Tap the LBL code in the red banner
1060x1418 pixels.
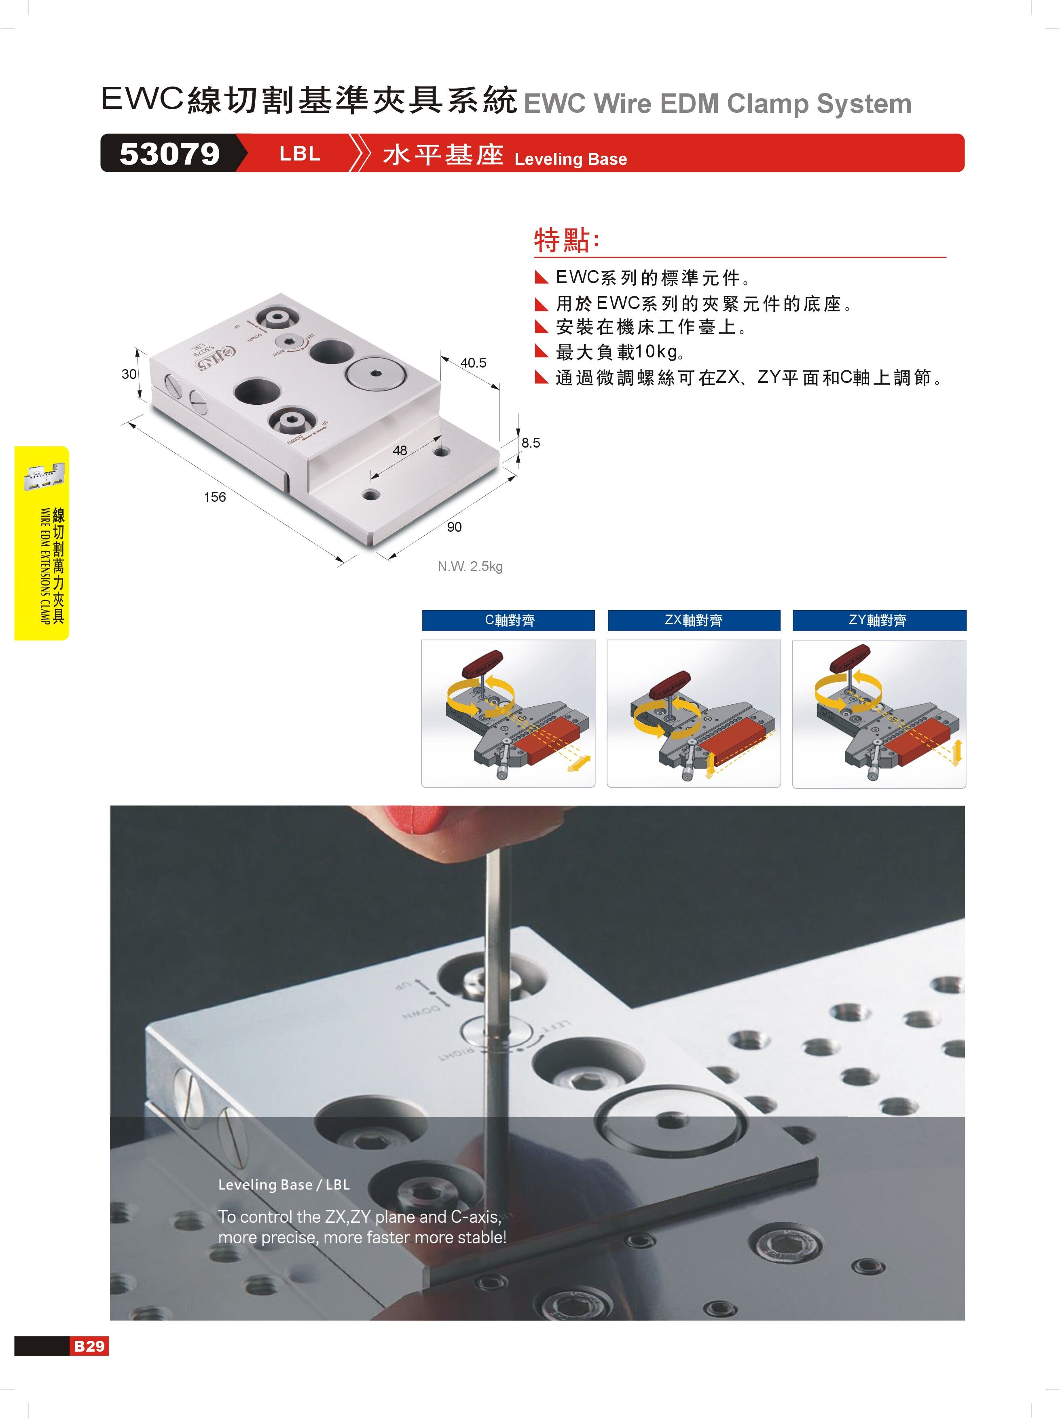point(299,154)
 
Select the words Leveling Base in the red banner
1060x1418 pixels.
point(570,159)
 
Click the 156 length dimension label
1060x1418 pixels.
point(215,497)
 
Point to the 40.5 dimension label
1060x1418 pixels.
point(473,363)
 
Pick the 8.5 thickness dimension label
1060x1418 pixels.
point(530,443)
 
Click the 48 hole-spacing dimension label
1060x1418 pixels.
point(400,451)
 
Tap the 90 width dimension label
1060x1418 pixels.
point(454,527)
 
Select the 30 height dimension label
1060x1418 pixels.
point(129,374)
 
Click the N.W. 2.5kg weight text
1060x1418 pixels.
point(470,567)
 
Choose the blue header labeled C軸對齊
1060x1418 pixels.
point(508,621)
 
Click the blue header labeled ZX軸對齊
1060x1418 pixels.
point(694,621)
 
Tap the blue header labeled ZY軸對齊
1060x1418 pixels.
point(879,621)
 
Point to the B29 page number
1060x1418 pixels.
point(89,1346)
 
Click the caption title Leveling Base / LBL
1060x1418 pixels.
point(284,1185)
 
